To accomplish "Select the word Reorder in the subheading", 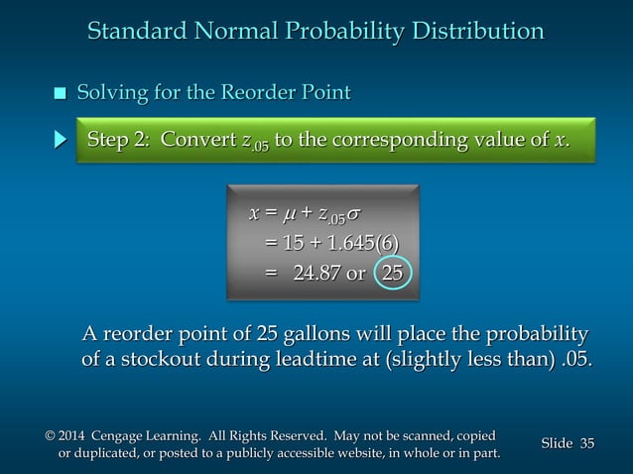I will (254, 94).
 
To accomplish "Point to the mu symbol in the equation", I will (290, 215).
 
